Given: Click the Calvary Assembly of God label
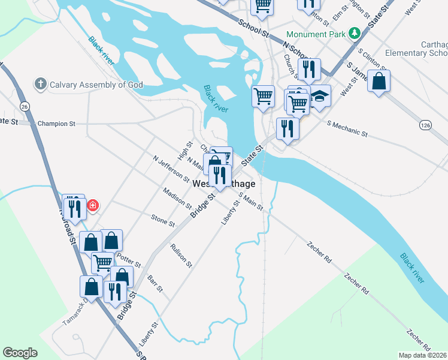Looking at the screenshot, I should (96, 85).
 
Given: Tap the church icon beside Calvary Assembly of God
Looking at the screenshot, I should (41, 84).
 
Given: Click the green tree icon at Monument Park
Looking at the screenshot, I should (354, 34).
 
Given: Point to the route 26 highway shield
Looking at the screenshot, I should (24, 106).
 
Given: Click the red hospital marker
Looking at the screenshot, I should (93, 206).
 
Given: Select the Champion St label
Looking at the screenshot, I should (56, 124).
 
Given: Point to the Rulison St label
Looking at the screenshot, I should (181, 255).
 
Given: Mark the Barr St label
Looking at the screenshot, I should (155, 284).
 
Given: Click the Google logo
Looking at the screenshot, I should (20, 353).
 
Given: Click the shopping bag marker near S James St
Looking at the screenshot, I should (379, 82).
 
